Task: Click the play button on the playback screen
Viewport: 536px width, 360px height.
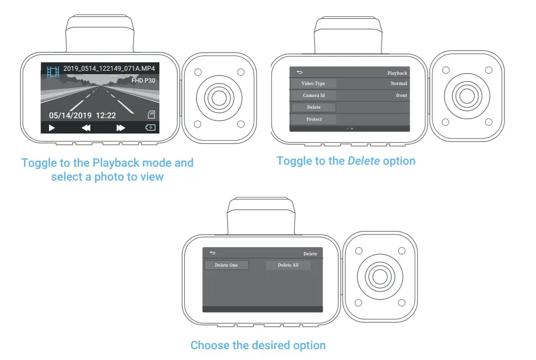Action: pyautogui.click(x=51, y=128)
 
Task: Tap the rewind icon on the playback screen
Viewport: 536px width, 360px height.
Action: pyautogui.click(x=86, y=128)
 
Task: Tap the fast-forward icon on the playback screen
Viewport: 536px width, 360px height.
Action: pyautogui.click(x=121, y=128)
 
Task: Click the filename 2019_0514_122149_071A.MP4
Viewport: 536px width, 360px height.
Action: pyautogui.click(x=108, y=69)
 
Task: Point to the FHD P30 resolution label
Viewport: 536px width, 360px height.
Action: pyautogui.click(x=144, y=80)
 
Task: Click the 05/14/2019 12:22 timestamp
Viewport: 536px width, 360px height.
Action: pyautogui.click(x=82, y=115)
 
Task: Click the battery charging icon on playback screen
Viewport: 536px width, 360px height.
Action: pyautogui.click(x=150, y=128)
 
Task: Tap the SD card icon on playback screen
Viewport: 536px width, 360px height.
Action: pyautogui.click(x=152, y=114)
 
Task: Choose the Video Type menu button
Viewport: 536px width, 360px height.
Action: pyautogui.click(x=313, y=84)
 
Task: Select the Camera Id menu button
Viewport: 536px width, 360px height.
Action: pyautogui.click(x=313, y=95)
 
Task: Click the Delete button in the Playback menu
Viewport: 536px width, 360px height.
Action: pyautogui.click(x=313, y=107)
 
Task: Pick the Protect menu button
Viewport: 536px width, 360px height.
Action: pyautogui.click(x=313, y=119)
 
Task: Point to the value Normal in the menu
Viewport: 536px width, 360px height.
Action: pyautogui.click(x=398, y=84)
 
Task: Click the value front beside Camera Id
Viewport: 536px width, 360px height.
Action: pyautogui.click(x=401, y=95)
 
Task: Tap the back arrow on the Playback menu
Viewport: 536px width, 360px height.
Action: pyautogui.click(x=299, y=72)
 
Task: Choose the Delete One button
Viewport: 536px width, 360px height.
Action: pyautogui.click(x=226, y=265)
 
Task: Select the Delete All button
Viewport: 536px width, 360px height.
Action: pyautogui.click(x=288, y=265)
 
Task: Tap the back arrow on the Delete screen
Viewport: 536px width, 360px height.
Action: pyautogui.click(x=212, y=253)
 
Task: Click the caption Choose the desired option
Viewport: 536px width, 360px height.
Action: pyautogui.click(x=258, y=345)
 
